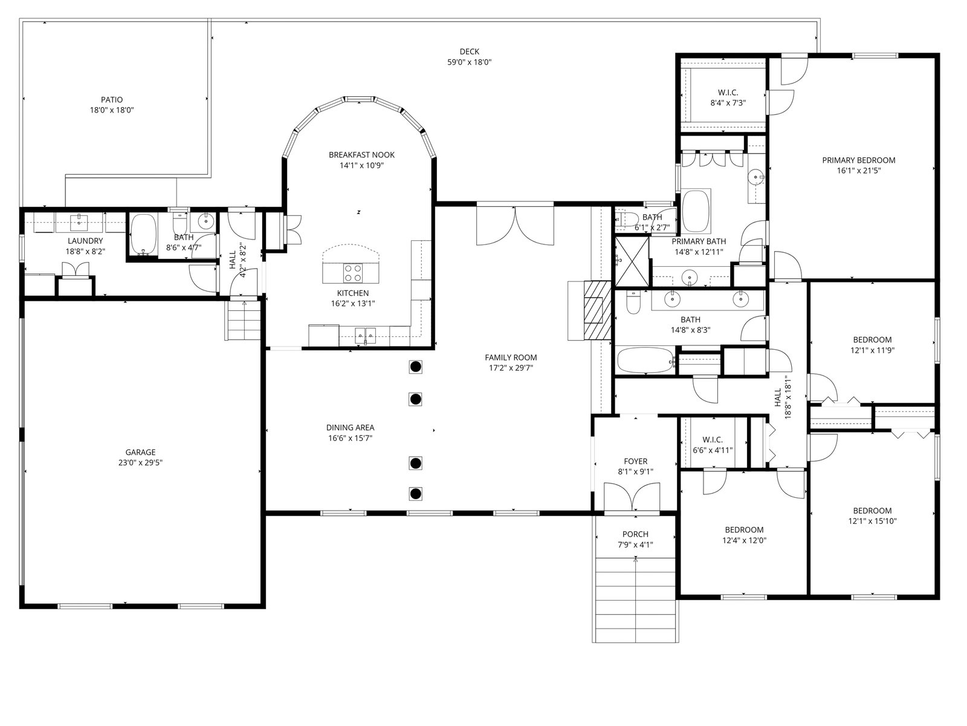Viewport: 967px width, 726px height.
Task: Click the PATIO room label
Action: point(112,100)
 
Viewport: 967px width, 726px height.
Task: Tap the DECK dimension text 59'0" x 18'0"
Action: point(469,62)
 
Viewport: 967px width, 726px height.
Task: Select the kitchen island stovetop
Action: point(353,273)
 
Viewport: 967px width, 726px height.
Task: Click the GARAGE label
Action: point(141,452)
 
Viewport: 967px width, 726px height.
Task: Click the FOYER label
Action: point(635,461)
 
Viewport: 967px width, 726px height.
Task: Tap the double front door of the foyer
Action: point(632,498)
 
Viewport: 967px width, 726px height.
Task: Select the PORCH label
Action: point(635,534)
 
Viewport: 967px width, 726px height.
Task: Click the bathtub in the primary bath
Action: point(696,211)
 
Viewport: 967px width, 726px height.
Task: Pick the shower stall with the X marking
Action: point(632,261)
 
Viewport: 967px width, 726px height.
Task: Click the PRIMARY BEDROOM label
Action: point(859,160)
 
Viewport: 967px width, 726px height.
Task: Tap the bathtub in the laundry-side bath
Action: point(144,235)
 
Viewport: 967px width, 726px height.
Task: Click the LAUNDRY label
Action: point(85,241)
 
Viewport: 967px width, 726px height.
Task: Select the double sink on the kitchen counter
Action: point(365,336)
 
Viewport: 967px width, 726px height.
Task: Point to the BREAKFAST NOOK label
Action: point(361,155)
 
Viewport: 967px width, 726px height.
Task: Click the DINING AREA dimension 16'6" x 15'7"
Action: point(350,437)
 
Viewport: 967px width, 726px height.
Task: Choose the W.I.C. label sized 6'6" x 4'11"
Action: point(713,439)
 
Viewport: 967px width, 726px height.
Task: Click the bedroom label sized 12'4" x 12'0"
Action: point(744,529)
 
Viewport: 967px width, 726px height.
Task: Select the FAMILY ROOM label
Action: point(511,357)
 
